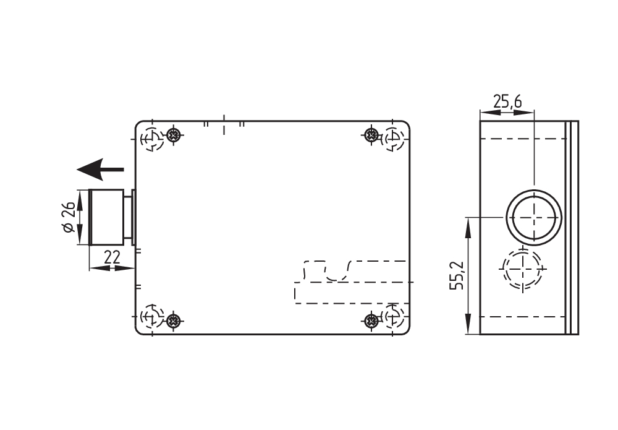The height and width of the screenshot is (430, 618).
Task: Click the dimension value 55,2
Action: coord(458,275)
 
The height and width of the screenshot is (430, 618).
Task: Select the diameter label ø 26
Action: coord(69,217)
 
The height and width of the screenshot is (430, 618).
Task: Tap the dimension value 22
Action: coord(112,257)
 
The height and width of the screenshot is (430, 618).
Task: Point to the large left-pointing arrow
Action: coord(99,168)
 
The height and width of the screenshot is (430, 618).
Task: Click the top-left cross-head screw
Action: coord(175,134)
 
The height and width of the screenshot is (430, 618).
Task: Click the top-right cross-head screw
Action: coord(371,134)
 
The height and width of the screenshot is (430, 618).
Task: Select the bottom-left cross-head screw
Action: coord(175,320)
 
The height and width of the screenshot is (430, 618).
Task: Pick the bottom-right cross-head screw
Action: coord(371,320)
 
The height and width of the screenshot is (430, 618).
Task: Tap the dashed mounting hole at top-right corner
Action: coord(394,139)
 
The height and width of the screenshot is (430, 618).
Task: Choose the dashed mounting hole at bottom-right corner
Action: coord(394,316)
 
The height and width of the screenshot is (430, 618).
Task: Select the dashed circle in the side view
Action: coord(522,269)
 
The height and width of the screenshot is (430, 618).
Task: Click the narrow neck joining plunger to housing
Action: coord(128,217)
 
